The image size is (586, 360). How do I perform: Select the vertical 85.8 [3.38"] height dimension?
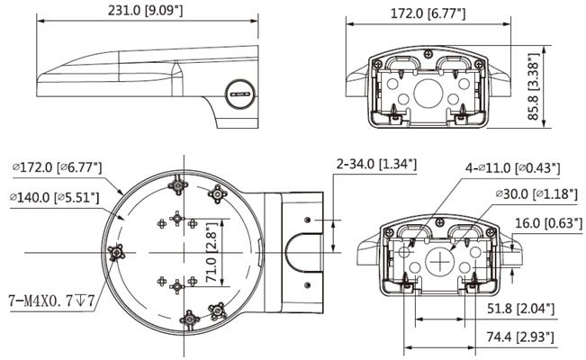[533, 85]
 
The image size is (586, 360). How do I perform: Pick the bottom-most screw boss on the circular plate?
[192, 320]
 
